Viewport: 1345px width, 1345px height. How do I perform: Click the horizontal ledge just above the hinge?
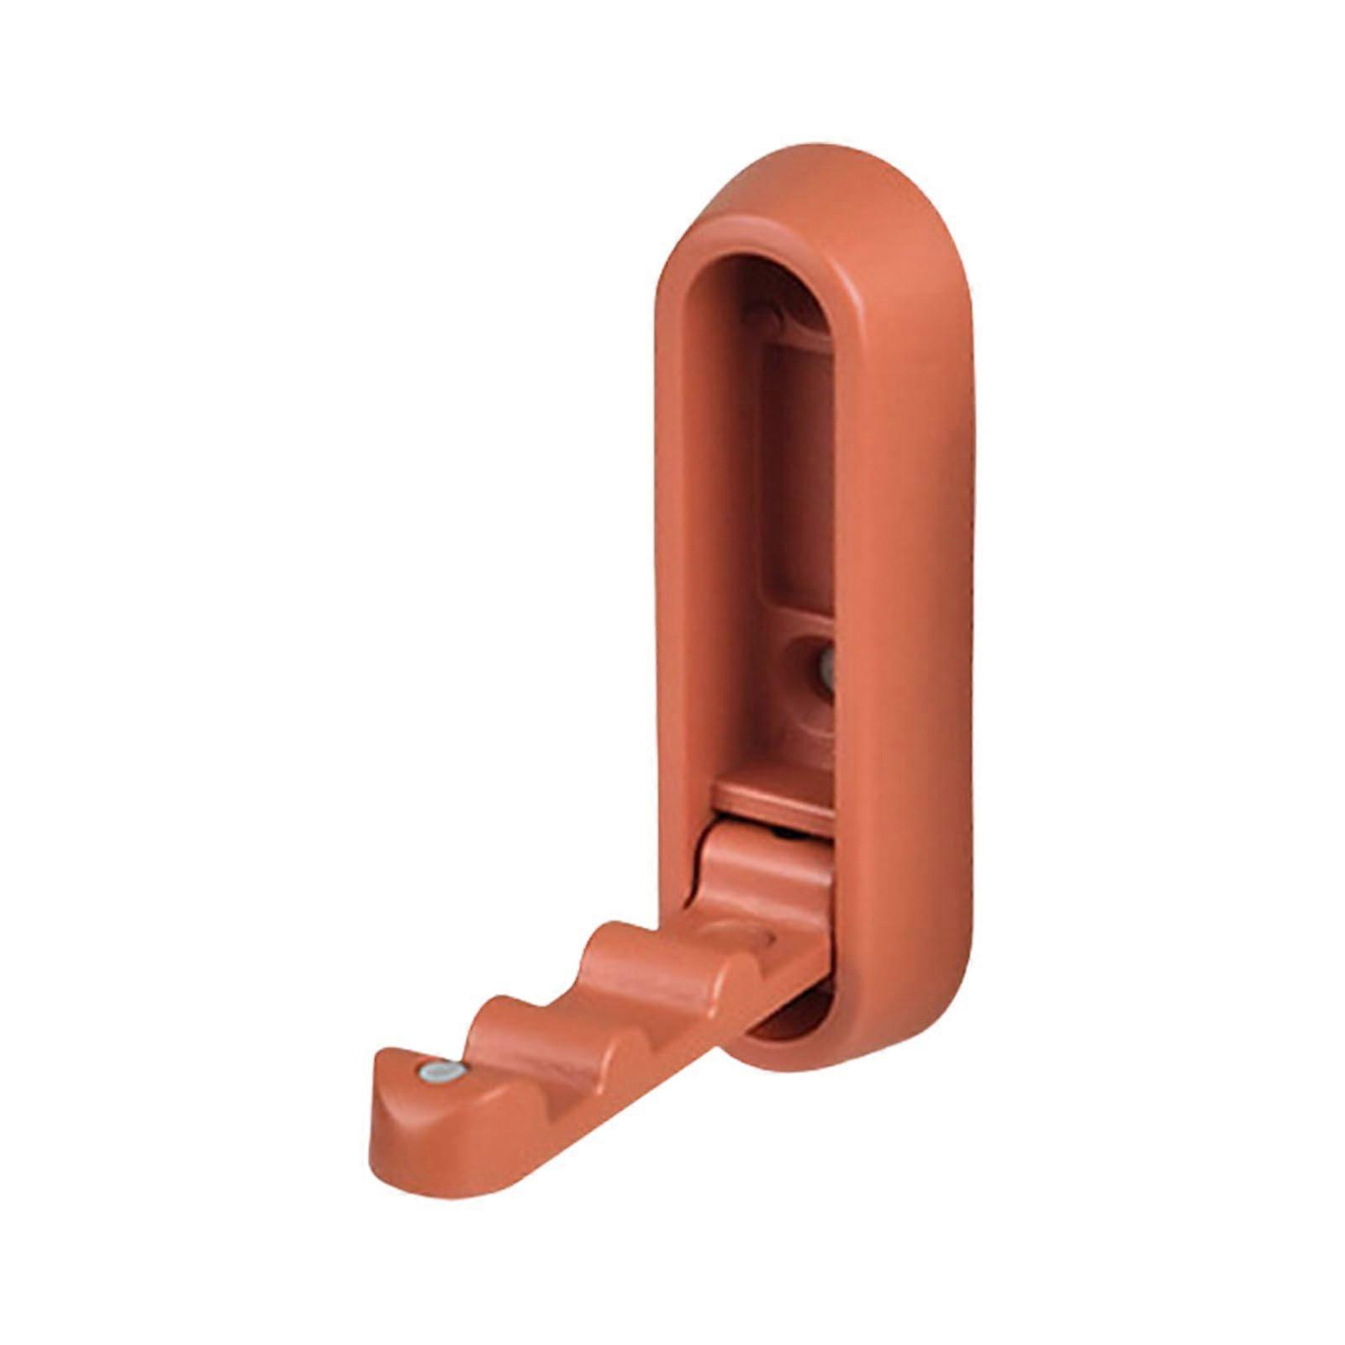(773, 803)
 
